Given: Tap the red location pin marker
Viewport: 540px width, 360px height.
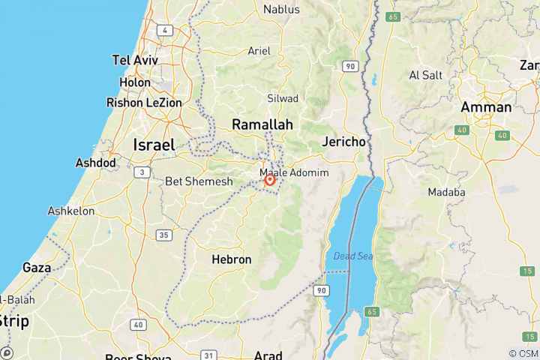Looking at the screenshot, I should coord(270,179).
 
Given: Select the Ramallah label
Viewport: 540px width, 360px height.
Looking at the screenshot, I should coord(262,124).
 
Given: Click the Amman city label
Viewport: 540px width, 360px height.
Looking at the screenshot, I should coord(486,107).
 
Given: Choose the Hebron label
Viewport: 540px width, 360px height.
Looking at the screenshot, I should coord(231,259).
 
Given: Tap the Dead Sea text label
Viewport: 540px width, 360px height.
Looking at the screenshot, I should coord(353,256).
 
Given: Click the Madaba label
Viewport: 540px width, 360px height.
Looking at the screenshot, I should coord(447,192).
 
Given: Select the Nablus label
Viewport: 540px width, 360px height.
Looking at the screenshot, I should coord(281,10).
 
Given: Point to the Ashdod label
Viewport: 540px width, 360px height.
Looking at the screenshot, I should coord(96,162).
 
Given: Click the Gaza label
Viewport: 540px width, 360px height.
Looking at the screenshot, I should coord(37,267).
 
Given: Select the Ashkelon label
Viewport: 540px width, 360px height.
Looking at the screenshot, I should coord(71,211).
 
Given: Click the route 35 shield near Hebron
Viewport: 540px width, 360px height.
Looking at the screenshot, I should coord(163,235).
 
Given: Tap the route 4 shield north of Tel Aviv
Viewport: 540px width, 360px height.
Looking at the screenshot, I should coord(163,30).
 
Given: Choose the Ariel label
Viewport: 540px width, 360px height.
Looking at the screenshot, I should coord(259,51).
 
